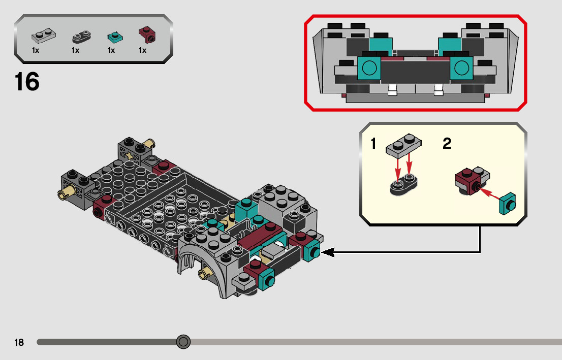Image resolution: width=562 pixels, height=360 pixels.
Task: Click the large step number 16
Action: pyautogui.click(x=27, y=82)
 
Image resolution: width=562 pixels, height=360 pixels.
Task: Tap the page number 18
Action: pyautogui.click(x=19, y=342)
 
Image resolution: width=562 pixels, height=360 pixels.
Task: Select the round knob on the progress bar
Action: pyautogui.click(x=183, y=342)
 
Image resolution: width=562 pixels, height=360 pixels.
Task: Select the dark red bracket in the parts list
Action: pyautogui.click(x=147, y=35)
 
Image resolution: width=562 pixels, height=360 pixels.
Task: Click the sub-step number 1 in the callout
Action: pyautogui.click(x=373, y=144)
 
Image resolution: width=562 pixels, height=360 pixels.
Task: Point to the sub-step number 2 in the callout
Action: pyautogui.click(x=447, y=144)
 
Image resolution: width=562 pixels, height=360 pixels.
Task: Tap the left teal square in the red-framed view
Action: pyautogui.click(x=369, y=68)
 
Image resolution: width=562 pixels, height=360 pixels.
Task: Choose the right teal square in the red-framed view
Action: pyautogui.click(x=461, y=68)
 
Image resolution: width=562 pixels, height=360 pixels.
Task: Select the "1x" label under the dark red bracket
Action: pyautogui.click(x=143, y=50)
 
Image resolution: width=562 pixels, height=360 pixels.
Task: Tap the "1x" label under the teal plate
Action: pyautogui.click(x=111, y=50)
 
